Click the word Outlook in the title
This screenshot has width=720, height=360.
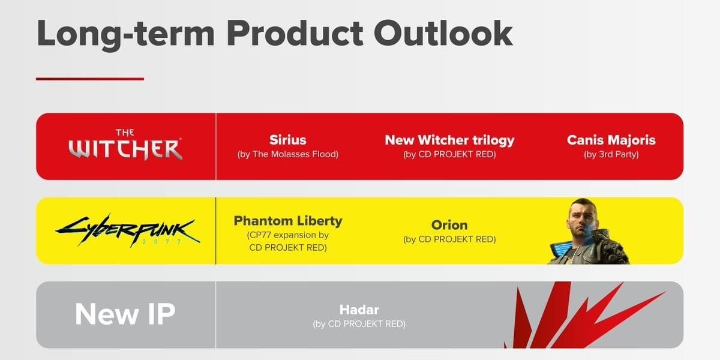point(443,34)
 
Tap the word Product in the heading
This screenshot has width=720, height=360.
point(295,34)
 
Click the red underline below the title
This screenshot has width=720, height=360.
point(90,79)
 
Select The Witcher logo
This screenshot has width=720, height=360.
point(125,145)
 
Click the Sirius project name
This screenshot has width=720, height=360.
point(287,140)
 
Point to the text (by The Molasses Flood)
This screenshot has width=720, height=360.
point(287,154)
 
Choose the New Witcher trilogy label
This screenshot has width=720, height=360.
point(449,140)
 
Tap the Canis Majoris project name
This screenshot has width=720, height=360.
point(611,140)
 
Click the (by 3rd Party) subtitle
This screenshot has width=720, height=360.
point(611,155)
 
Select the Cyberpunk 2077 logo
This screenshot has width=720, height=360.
point(128,230)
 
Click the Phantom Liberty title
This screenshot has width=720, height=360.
point(288,221)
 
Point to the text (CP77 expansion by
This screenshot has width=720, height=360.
point(288,235)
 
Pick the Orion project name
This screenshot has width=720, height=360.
point(449,225)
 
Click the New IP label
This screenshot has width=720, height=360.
point(125,314)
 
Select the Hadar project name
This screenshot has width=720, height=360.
point(359,310)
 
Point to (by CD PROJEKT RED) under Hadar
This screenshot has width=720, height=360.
point(359,324)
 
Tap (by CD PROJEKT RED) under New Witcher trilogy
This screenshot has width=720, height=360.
point(449,155)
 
